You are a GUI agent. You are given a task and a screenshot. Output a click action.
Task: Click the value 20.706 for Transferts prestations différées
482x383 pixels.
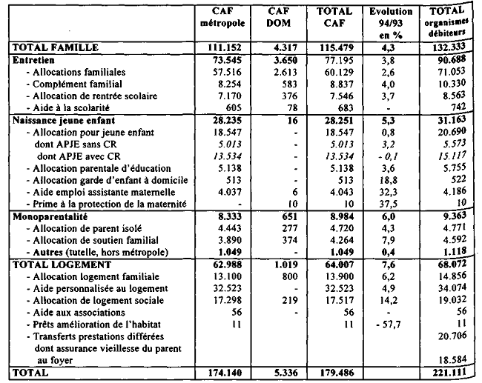(454, 336)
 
